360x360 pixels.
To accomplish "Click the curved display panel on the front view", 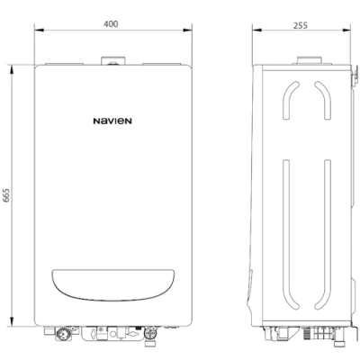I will (111, 285).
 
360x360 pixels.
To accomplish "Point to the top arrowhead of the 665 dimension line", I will (13, 66).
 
